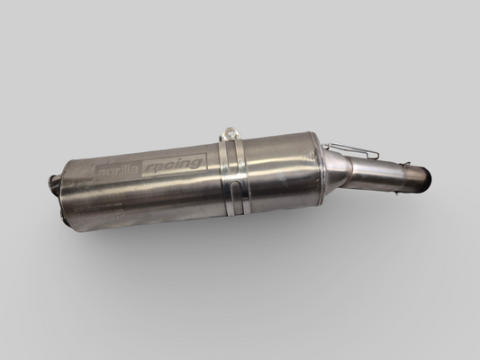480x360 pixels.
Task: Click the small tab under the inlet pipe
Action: [x=400, y=184]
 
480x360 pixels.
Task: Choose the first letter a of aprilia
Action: [x=99, y=171]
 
